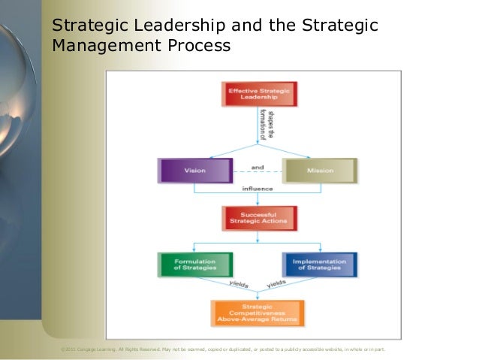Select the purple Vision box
[195, 171]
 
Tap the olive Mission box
[319, 171]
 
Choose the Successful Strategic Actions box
[260, 218]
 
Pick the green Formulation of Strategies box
[195, 265]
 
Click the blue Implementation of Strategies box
[319, 265]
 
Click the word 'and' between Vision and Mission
[258, 165]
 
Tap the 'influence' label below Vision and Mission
[257, 189]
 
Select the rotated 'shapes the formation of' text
[265, 125]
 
